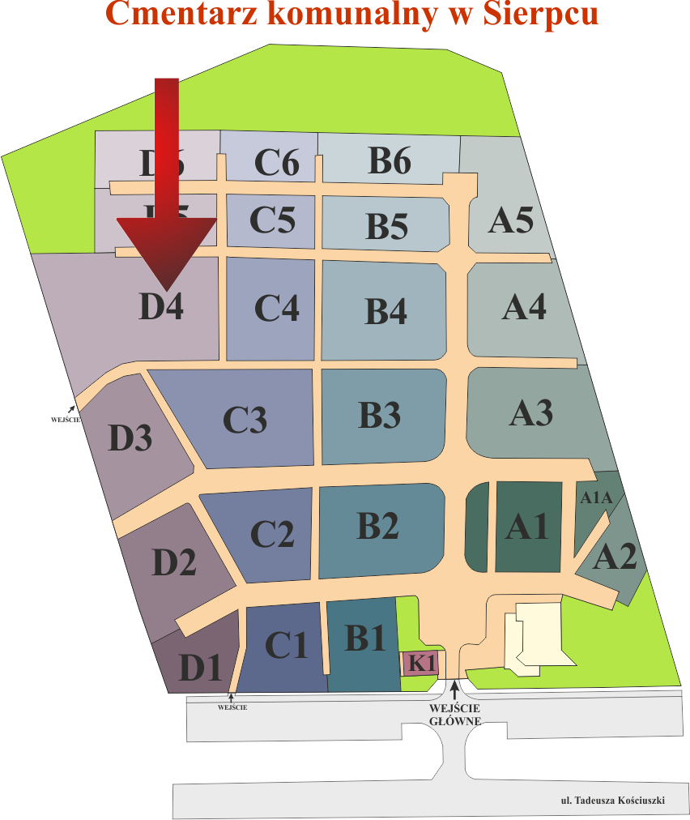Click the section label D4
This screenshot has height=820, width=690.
pyautogui.click(x=161, y=308)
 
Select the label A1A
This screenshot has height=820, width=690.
pyautogui.click(x=596, y=498)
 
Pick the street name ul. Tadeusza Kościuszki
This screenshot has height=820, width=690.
pyautogui.click(x=612, y=801)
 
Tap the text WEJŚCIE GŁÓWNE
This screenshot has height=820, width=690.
pyautogui.click(x=455, y=714)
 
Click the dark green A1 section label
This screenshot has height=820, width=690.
pyautogui.click(x=527, y=527)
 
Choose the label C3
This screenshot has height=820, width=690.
pyautogui.click(x=245, y=420)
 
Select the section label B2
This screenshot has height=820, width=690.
pyautogui.click(x=377, y=526)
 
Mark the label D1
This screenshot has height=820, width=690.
pyautogui.click(x=200, y=668)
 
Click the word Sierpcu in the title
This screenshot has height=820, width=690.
pyautogui.click(x=531, y=14)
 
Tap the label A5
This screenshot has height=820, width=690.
pyautogui.click(x=511, y=220)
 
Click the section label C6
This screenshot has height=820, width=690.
pyautogui.click(x=277, y=164)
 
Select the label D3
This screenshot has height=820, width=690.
pyautogui.click(x=130, y=438)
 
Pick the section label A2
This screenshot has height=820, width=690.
pyautogui.click(x=615, y=558)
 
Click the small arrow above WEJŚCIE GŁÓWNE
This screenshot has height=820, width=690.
pyautogui.click(x=455, y=689)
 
